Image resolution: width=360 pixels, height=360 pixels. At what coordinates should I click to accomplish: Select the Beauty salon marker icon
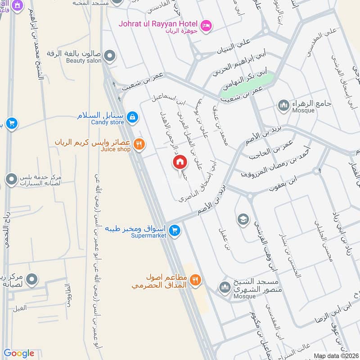coord(109,57)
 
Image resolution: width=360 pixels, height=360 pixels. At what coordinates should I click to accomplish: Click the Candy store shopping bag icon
coord(132,117)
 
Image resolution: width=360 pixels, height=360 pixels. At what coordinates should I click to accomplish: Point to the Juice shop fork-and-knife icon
coord(140,144)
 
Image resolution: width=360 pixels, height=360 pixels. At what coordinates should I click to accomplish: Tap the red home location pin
coord(180,162)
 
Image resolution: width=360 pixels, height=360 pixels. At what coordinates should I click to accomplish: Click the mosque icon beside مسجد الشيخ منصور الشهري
coord(225,287)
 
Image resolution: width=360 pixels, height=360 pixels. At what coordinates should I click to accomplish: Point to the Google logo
coord(18,353)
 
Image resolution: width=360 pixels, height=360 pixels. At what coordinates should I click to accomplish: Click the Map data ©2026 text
coord(336,355)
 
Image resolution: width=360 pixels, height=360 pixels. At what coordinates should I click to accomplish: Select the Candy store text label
coord(107,122)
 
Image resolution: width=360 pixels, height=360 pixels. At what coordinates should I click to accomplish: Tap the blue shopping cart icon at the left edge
coord(12,123)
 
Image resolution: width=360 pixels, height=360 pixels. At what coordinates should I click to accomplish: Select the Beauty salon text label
coord(84,61)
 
